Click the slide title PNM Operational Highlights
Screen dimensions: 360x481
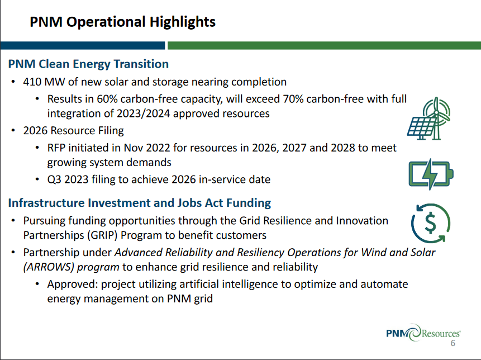122,22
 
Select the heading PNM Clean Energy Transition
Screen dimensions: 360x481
88,64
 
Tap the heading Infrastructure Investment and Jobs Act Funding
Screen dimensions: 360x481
140,202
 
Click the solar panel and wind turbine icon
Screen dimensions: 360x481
429,118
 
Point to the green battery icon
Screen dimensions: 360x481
431,174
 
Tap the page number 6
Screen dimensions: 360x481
453,344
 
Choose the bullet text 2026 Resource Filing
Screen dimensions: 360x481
73,131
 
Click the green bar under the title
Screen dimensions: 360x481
324,45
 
